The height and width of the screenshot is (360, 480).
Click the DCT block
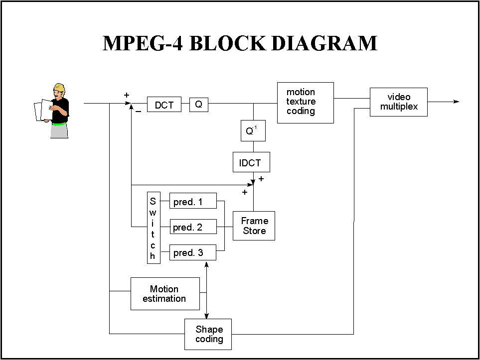[x=164, y=105]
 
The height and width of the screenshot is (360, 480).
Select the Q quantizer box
[x=198, y=105]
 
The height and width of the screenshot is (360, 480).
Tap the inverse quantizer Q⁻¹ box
[x=253, y=131]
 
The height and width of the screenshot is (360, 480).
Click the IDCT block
[x=251, y=162]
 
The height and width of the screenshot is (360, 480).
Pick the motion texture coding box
[x=305, y=102]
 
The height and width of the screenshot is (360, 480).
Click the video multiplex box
[x=398, y=102]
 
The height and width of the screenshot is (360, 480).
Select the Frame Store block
[x=254, y=226]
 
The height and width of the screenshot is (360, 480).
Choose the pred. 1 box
[x=193, y=202]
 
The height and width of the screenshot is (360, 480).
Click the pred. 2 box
[x=193, y=227]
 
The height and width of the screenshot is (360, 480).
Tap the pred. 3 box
[x=193, y=252]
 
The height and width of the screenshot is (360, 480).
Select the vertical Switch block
[x=153, y=228]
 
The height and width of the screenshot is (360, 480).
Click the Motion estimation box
[x=164, y=294]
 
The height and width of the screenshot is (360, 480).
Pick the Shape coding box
[x=208, y=334]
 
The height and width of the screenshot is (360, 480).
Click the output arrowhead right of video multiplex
[x=456, y=102]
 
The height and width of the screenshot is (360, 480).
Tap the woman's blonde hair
[x=59, y=89]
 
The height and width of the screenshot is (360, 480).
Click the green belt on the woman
[x=59, y=122]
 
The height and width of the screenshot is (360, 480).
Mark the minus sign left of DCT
[x=138, y=113]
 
